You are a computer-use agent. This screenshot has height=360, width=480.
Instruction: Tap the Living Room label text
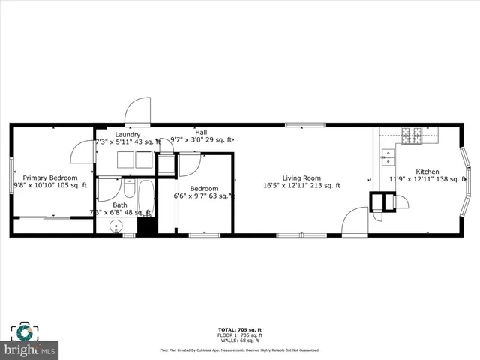coord(301,178)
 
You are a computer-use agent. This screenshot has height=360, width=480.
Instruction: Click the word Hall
coord(201,132)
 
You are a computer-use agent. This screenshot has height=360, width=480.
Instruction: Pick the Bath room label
coord(120,205)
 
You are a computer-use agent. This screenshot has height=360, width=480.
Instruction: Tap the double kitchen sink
coord(388,156)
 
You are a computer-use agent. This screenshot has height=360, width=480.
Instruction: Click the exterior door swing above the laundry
coord(138,112)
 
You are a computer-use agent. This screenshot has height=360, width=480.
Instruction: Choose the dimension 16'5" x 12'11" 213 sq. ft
coord(301,186)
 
